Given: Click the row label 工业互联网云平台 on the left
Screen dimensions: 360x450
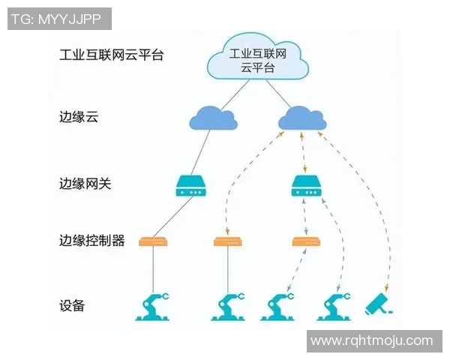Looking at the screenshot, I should (111, 55).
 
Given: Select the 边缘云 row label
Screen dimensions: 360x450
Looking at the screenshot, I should (79, 118).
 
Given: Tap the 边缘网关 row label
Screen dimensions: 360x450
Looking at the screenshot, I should (85, 183).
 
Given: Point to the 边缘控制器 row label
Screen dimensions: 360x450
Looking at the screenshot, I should (91, 241).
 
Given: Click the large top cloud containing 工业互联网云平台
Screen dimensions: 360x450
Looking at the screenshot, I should (257, 59).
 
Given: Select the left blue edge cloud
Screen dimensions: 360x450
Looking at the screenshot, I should (211, 118).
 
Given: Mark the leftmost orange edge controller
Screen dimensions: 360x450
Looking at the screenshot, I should (153, 241).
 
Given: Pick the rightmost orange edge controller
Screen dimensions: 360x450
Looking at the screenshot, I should (306, 241).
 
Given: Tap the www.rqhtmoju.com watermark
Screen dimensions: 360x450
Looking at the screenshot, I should (371, 340).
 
